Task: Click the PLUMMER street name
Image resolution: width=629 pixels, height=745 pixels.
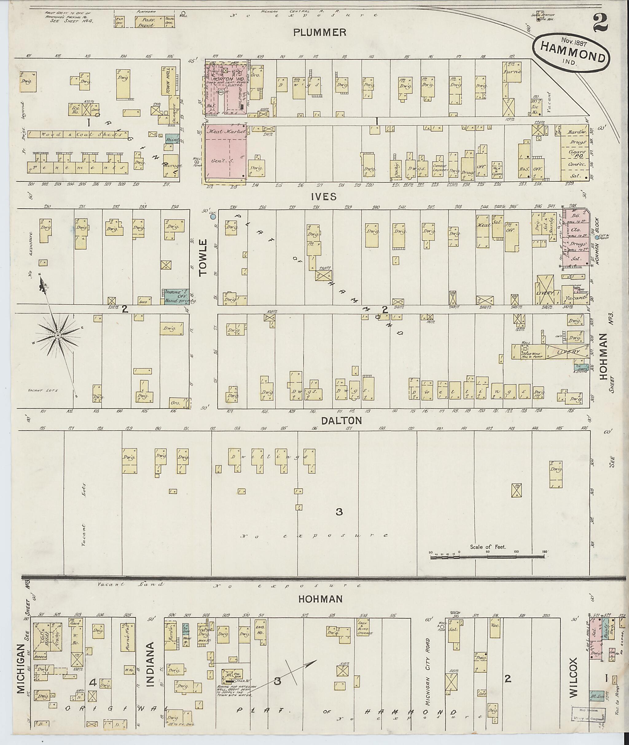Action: [319, 33]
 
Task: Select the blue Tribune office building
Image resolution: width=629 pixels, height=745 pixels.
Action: [176, 296]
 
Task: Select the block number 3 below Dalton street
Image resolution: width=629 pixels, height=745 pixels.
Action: [339, 512]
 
